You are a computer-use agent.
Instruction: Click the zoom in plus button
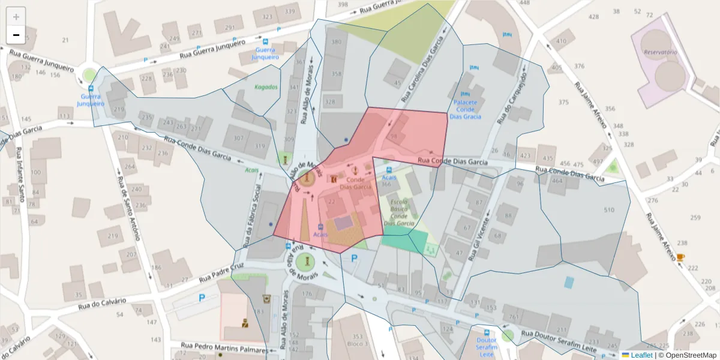point(16,17)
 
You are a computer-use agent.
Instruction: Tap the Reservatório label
point(660,52)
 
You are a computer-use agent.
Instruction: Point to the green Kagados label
point(266,87)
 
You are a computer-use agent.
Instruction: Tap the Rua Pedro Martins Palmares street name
point(224,349)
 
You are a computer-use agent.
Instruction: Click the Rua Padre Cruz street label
point(221,273)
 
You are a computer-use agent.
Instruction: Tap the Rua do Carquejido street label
point(512,98)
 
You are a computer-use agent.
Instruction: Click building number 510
point(609,210)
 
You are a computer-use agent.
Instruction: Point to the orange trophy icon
point(680,257)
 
